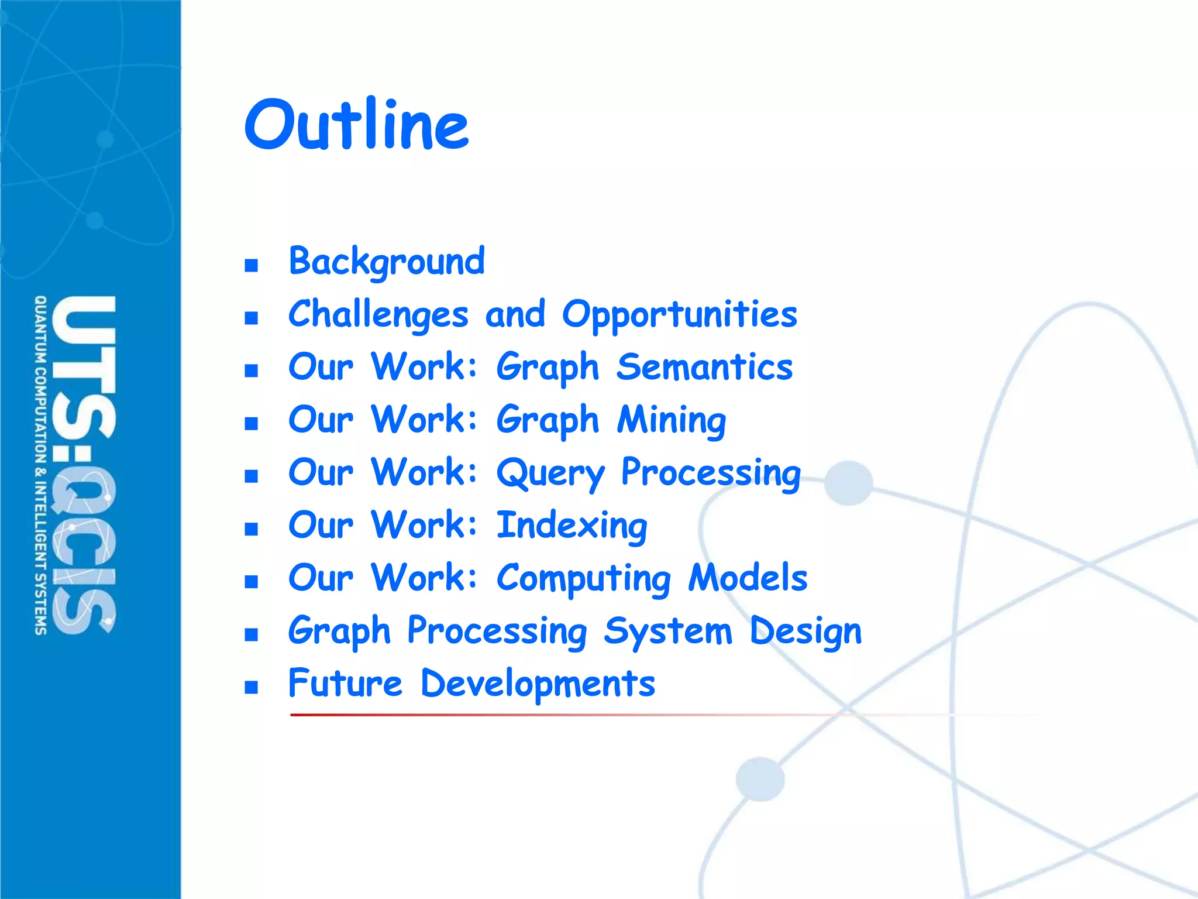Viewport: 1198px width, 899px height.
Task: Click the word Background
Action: (x=387, y=261)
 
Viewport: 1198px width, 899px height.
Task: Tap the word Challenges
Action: (x=378, y=314)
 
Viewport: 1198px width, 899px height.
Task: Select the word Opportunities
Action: (x=679, y=314)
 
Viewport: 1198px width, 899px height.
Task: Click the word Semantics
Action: (x=704, y=367)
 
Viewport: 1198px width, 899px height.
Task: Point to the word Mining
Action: (x=672, y=420)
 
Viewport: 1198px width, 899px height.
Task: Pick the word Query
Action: (x=550, y=472)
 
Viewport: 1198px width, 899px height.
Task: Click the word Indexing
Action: (x=572, y=525)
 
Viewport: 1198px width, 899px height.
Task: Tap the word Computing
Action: (x=583, y=578)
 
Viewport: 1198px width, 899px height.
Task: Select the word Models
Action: (x=748, y=578)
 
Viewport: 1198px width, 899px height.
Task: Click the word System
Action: (x=667, y=631)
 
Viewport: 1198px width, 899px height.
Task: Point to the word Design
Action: (x=805, y=631)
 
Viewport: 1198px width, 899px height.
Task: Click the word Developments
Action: (x=538, y=684)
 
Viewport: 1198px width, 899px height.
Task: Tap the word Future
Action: (x=345, y=683)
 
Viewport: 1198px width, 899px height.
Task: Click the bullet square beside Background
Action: (x=252, y=266)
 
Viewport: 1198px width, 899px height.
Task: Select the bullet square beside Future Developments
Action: (x=252, y=687)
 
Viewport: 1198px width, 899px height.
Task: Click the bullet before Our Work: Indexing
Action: (x=252, y=529)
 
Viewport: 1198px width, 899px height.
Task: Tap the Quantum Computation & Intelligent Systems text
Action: (x=40, y=465)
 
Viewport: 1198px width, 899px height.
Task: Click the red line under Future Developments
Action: (x=526, y=715)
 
